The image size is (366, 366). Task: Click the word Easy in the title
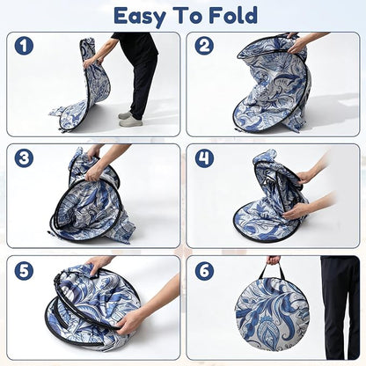140,17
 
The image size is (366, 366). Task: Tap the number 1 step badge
24,46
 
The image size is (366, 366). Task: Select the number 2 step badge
204,46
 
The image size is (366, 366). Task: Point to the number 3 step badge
24,158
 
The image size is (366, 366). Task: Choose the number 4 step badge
204,158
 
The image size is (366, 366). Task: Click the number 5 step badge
24,270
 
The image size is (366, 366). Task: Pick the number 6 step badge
204,270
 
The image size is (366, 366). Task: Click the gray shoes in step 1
130,118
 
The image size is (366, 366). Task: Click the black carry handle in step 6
274,271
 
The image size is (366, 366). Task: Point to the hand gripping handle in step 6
274,260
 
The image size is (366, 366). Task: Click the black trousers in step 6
340,306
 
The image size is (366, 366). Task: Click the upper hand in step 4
305,177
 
